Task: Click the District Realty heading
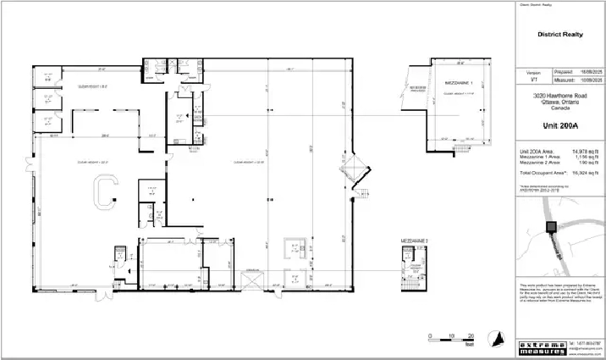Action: (x=561, y=36)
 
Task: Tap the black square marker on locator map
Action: (x=550, y=226)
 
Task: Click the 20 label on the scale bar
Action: (x=470, y=335)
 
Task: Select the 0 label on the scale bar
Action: (x=430, y=335)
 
